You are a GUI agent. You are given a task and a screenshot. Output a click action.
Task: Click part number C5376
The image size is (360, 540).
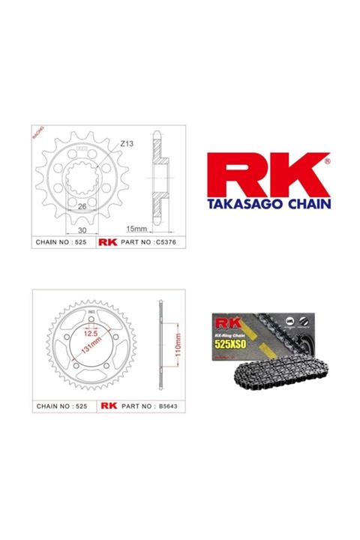[x=148, y=243]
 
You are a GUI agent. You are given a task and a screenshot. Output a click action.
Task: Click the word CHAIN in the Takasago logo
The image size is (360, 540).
[x=304, y=202]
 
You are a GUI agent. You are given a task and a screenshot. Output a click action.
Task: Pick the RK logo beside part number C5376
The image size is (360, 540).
[x=108, y=243]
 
